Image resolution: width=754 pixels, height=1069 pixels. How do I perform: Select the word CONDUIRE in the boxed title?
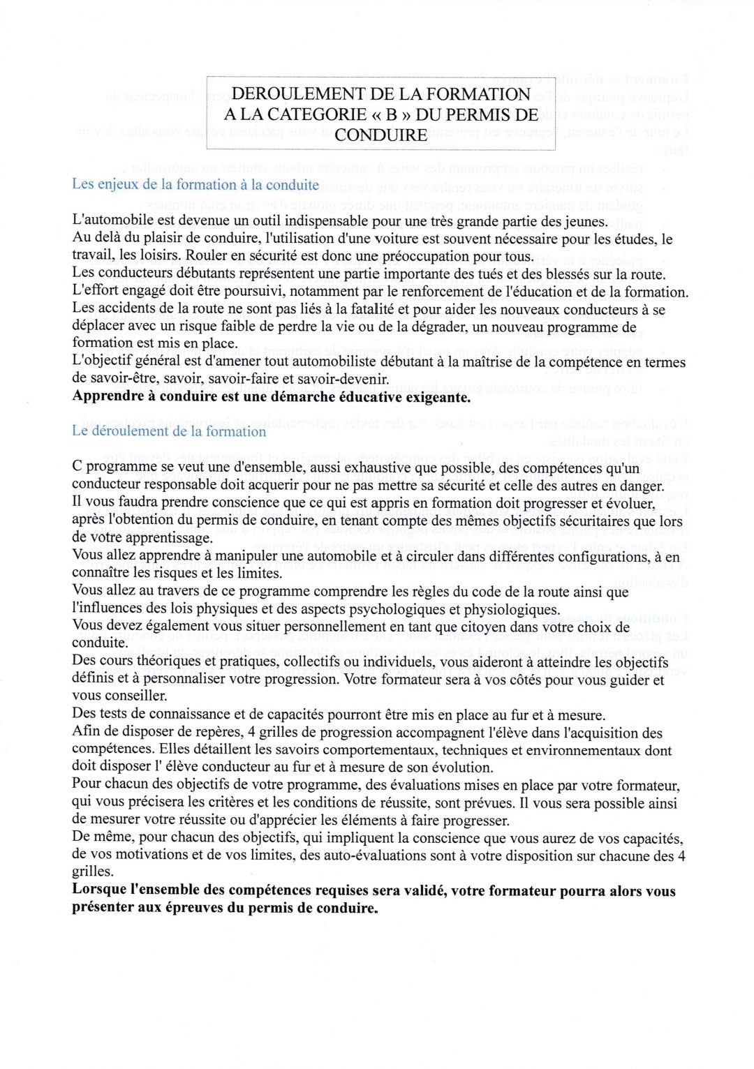(x=380, y=135)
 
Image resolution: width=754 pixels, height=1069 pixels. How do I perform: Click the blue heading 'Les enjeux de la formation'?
(x=195, y=185)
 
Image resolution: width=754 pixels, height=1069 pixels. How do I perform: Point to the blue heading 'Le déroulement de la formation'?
(x=169, y=431)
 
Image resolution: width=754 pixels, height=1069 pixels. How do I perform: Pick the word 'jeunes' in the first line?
(x=586, y=222)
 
